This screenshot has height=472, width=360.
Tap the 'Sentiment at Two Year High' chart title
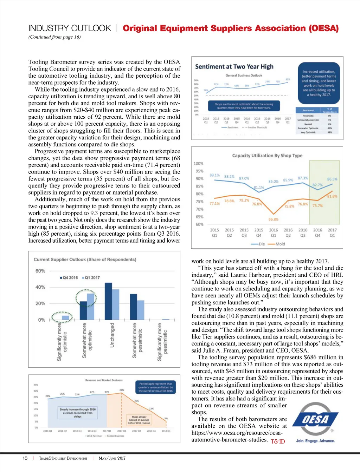coord(234,66)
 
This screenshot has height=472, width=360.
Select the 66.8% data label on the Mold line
coord(273,219)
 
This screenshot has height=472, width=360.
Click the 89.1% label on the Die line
coord(214,175)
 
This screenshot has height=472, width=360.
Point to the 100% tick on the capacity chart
coord(198,163)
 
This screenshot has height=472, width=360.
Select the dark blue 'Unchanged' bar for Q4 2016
coord(108,301)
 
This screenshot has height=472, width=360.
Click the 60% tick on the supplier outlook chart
coord(40,271)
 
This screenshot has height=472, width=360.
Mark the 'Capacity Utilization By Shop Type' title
coord(267,155)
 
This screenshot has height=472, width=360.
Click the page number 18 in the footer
coord(25,458)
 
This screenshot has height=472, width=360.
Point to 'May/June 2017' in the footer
coord(112,458)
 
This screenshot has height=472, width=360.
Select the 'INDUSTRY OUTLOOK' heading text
coord(70,28)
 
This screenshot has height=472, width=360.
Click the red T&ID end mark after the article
coord(278,441)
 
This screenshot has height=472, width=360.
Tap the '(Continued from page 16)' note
coord(54,37)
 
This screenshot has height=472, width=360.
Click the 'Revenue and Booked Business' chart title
coord(104,380)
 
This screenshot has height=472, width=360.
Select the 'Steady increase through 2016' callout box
coord(77,413)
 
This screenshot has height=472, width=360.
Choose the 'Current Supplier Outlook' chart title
coord(85,260)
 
